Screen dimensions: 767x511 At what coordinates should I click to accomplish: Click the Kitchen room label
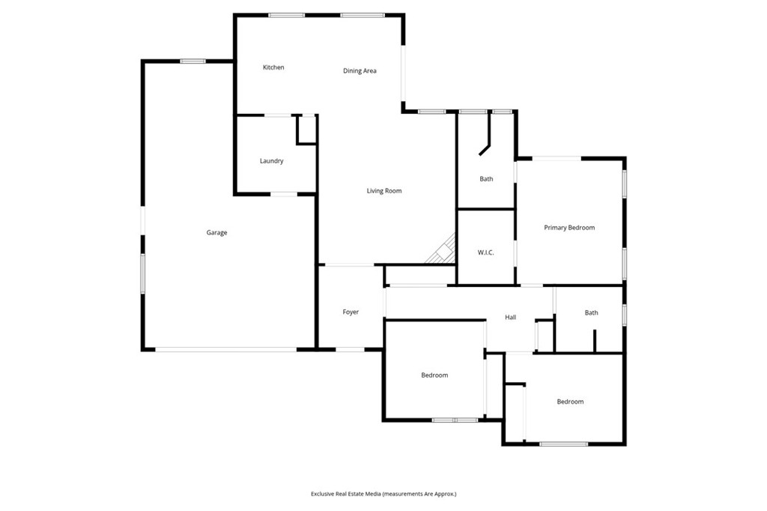(273, 67)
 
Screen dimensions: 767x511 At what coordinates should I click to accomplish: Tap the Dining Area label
(360, 71)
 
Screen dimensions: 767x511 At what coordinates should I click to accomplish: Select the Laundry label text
(271, 161)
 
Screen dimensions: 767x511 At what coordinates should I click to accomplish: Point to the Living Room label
(384, 191)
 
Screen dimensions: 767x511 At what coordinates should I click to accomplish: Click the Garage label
(216, 233)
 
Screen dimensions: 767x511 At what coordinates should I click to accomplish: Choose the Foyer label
(351, 312)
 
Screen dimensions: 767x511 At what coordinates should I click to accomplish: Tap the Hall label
(510, 317)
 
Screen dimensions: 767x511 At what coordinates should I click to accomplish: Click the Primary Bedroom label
(569, 228)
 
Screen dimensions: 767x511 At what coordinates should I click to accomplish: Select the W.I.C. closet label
(485, 253)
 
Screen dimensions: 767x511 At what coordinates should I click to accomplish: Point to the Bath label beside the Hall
(592, 312)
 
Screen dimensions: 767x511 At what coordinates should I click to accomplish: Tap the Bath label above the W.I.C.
(486, 179)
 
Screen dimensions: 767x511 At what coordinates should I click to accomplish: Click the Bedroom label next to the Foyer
(434, 375)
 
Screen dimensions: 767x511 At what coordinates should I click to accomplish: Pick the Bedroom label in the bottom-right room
(570, 402)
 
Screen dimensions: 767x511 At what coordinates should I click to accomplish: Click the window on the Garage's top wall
(192, 61)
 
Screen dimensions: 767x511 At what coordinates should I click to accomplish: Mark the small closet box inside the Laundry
(306, 130)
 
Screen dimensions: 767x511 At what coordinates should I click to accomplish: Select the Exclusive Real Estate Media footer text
(383, 494)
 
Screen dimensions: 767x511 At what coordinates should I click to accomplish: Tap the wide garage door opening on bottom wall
(226, 349)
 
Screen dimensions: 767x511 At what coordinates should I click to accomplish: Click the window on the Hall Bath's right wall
(624, 314)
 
